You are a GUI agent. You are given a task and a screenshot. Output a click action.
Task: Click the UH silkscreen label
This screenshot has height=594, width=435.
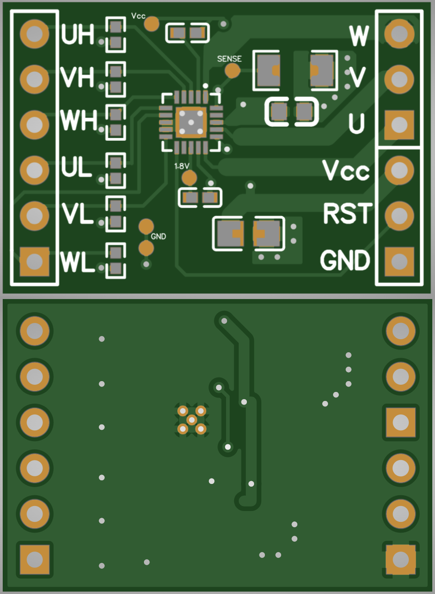tap(78, 34)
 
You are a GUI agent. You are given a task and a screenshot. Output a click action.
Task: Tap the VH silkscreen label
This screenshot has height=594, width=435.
tap(77, 77)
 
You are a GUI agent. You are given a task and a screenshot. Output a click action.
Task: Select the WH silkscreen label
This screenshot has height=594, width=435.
tap(79, 120)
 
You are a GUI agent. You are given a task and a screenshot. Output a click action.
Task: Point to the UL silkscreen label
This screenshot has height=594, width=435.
tap(76, 166)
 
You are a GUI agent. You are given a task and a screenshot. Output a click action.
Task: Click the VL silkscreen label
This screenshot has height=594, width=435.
tap(78, 213)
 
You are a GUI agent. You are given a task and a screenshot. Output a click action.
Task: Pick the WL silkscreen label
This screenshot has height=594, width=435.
tap(78, 262)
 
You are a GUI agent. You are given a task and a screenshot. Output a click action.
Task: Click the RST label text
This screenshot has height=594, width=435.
tap(348, 213)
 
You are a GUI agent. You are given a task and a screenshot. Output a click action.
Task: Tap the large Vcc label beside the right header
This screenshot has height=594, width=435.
tap(346, 170)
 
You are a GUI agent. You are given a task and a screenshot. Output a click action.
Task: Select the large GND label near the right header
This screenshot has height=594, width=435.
tap(345, 260)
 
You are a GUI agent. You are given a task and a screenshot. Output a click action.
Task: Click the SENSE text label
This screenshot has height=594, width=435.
tap(229, 59)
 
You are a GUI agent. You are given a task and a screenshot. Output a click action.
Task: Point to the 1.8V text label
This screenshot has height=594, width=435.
tap(182, 166)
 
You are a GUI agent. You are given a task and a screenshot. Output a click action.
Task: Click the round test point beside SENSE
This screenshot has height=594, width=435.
tap(232, 70)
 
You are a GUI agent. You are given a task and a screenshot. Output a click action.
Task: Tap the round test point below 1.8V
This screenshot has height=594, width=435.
tap(189, 178)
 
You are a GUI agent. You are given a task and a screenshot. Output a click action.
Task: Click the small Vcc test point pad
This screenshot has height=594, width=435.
tap(152, 23)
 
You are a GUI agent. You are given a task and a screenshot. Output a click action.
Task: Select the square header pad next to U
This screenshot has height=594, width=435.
tap(399, 125)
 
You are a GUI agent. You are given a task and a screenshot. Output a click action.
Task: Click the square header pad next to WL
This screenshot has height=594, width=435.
tap(34, 262)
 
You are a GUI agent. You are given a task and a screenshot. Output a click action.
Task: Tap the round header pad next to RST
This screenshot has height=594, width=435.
tap(399, 216)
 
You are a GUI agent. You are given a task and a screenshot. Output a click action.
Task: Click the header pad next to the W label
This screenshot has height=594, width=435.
tap(399, 34)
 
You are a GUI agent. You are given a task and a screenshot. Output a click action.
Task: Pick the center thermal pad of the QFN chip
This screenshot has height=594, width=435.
tap(191, 123)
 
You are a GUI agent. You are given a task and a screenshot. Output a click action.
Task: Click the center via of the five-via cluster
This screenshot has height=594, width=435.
tap(191, 420)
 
